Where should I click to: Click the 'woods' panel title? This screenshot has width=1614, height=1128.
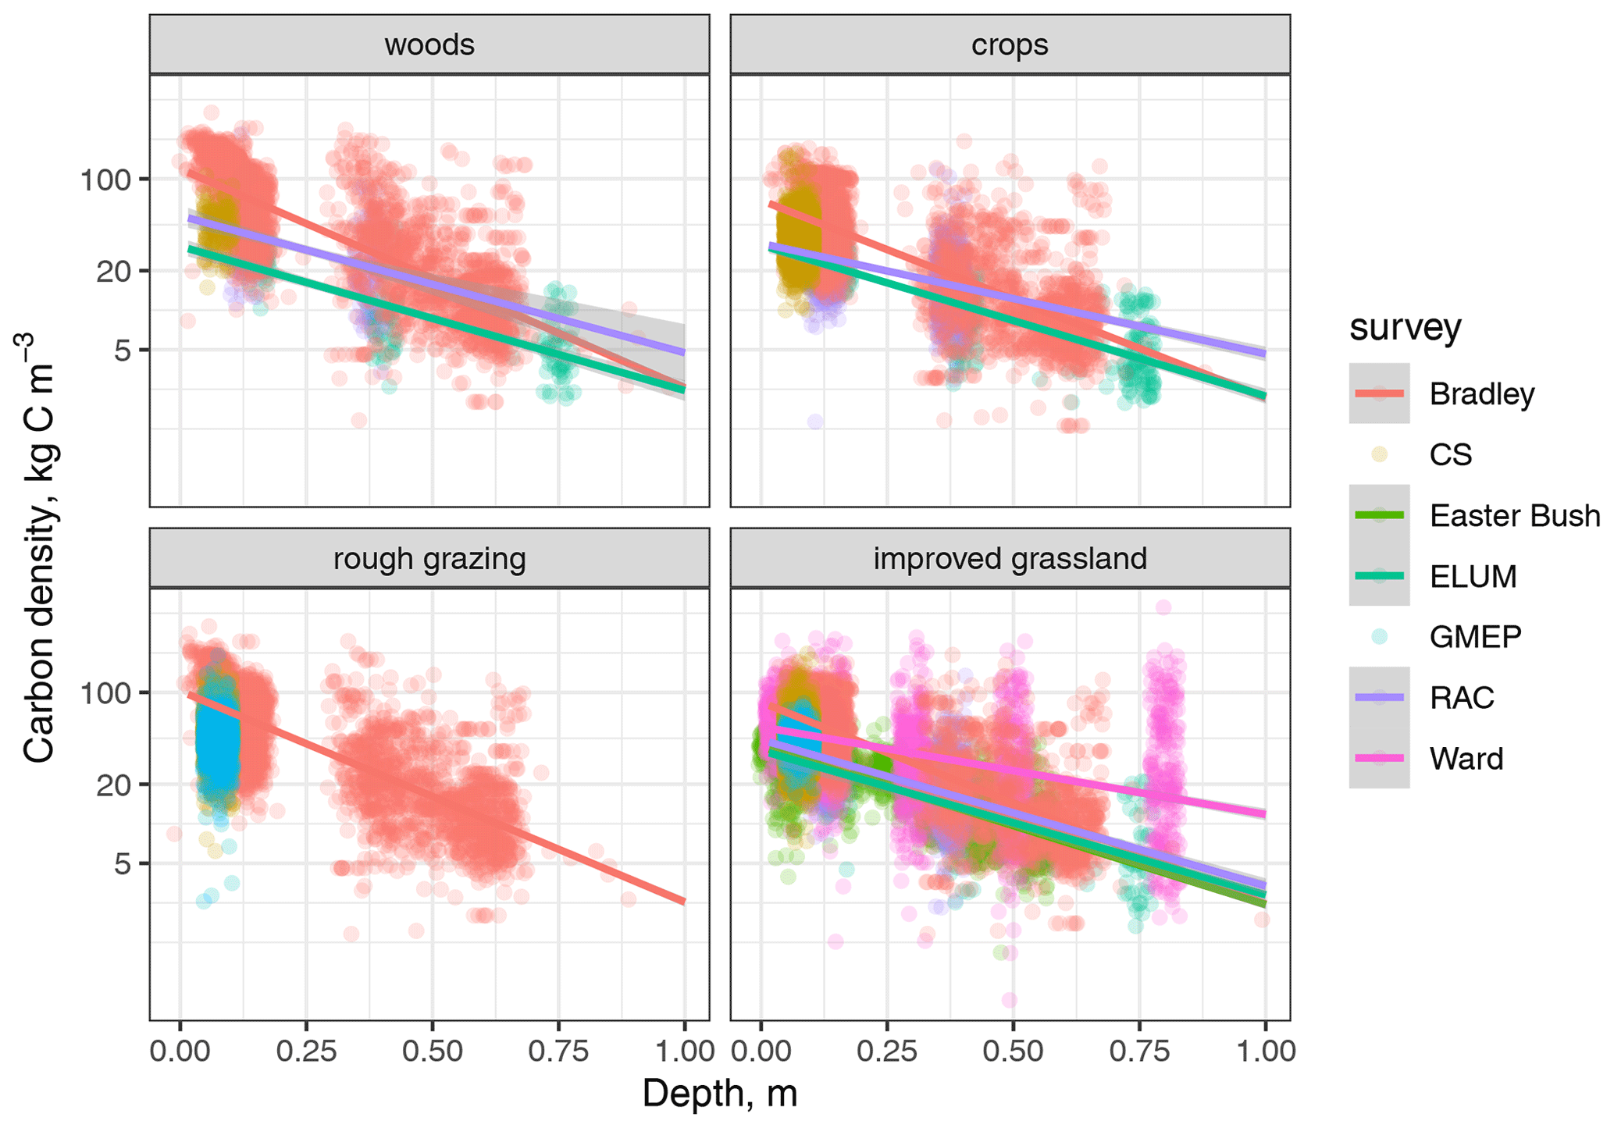pyautogui.click(x=429, y=45)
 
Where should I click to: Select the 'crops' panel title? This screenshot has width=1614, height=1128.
pyautogui.click(x=1009, y=45)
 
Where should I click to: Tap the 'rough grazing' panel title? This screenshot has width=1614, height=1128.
pyautogui.click(x=429, y=559)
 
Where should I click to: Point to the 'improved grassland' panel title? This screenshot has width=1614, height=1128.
pyautogui.click(x=1009, y=559)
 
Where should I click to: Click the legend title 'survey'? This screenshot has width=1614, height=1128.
pyautogui.click(x=1405, y=328)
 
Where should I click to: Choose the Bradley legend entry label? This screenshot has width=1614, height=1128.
pyautogui.click(x=1481, y=394)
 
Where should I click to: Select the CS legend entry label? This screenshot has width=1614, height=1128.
pyautogui.click(x=1450, y=454)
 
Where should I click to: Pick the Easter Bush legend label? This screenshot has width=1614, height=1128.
pyautogui.click(x=1514, y=516)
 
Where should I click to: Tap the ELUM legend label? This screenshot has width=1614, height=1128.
pyautogui.click(x=1473, y=577)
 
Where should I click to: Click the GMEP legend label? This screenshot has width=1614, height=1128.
pyautogui.click(x=1475, y=637)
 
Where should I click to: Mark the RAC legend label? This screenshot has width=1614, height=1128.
pyautogui.click(x=1461, y=698)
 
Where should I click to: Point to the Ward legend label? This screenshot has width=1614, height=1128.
pyautogui.click(x=1466, y=759)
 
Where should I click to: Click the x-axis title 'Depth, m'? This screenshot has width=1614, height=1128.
pyautogui.click(x=719, y=1094)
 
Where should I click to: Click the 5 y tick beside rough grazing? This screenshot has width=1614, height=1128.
pyautogui.click(x=122, y=864)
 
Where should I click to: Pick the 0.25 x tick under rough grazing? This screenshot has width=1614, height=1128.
pyautogui.click(x=306, y=1051)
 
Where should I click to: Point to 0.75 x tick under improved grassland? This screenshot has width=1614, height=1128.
pyautogui.click(x=1138, y=1051)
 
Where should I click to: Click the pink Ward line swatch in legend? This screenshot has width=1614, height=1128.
pyautogui.click(x=1379, y=758)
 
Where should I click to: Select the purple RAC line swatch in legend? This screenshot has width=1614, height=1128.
pyautogui.click(x=1379, y=698)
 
